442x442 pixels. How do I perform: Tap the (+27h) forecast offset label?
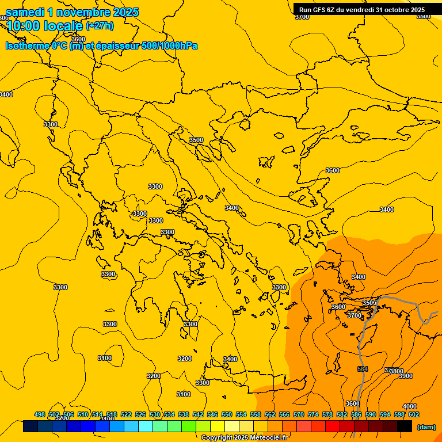coord(100,26)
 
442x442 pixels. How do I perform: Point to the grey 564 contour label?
coord(362,369)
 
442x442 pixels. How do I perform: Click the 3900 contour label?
coord(405,376)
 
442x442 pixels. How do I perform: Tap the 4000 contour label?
coord(409,406)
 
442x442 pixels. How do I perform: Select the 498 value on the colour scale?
coord(40,414)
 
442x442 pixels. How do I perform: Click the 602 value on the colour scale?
coord(414,414)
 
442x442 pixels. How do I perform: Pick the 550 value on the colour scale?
coord(227,414)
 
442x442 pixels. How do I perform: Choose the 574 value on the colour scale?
coord(313,414)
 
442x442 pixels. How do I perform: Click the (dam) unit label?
coord(426,426)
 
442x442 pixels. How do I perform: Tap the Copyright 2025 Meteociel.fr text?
coord(244,438)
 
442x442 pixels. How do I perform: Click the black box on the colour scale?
coord(405,426)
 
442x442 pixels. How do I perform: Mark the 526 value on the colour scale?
coord(140,414)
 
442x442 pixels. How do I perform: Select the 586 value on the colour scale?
coord(356,414)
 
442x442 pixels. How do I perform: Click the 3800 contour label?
coord(397,371)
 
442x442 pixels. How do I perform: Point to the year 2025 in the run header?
coord(414,9)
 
